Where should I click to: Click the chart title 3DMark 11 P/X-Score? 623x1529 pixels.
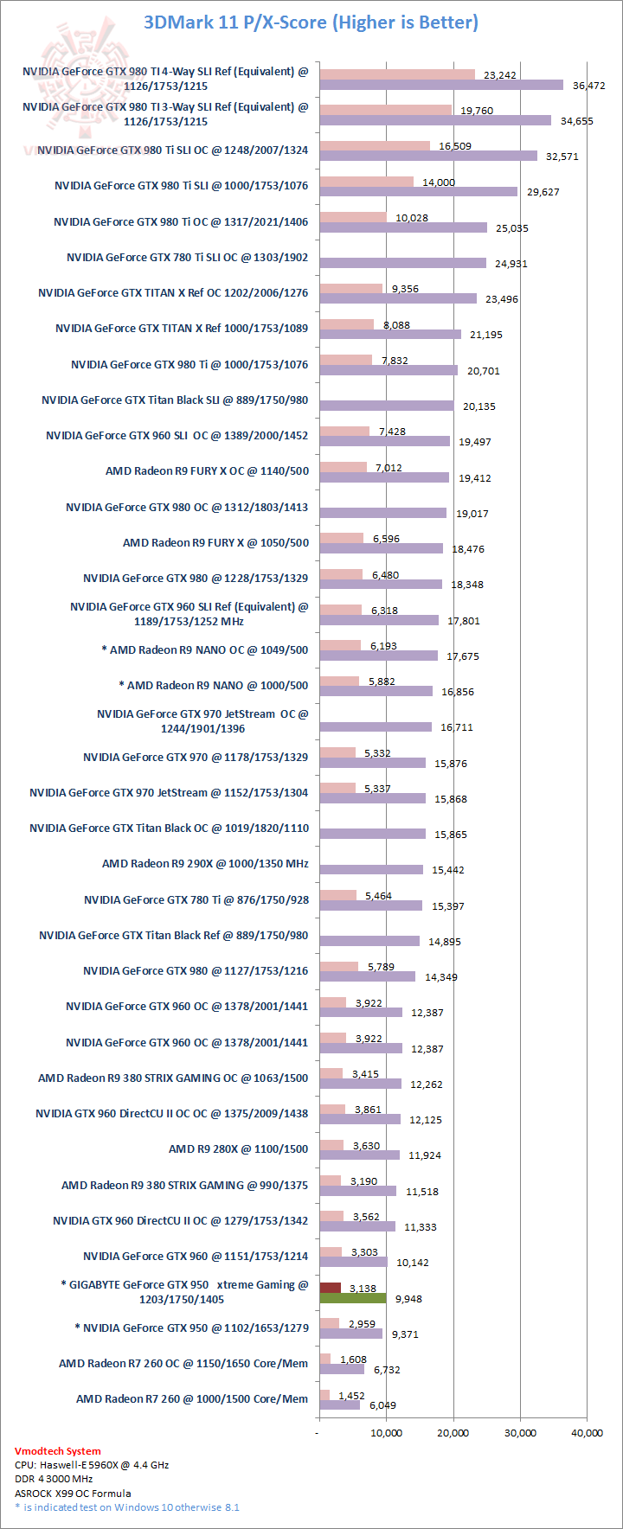(311, 22)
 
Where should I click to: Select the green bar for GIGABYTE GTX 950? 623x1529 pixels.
(352, 1298)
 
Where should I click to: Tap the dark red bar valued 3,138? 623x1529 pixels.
(330, 1288)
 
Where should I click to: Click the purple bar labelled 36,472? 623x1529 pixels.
(441, 85)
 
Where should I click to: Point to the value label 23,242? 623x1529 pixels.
(499, 75)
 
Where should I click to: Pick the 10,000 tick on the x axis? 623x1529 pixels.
(386, 1433)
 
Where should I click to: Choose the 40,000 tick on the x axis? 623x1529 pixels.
(587, 1433)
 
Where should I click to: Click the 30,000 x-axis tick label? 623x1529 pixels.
(520, 1433)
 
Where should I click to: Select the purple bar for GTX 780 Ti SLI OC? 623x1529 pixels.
(402, 263)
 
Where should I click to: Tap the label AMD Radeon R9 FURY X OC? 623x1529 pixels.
(207, 471)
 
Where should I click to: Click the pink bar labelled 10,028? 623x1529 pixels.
(353, 217)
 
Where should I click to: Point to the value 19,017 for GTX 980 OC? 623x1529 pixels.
(472, 514)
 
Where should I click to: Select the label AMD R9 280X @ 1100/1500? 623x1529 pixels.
(238, 1149)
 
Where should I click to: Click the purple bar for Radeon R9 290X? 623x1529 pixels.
(371, 869)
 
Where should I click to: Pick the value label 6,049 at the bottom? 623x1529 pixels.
(383, 1405)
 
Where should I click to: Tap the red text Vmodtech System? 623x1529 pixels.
(57, 1451)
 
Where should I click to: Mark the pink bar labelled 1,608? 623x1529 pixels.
(324, 1359)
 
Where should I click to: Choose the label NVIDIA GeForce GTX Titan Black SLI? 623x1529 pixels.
(175, 400)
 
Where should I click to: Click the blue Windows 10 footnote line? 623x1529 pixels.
(126, 1507)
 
